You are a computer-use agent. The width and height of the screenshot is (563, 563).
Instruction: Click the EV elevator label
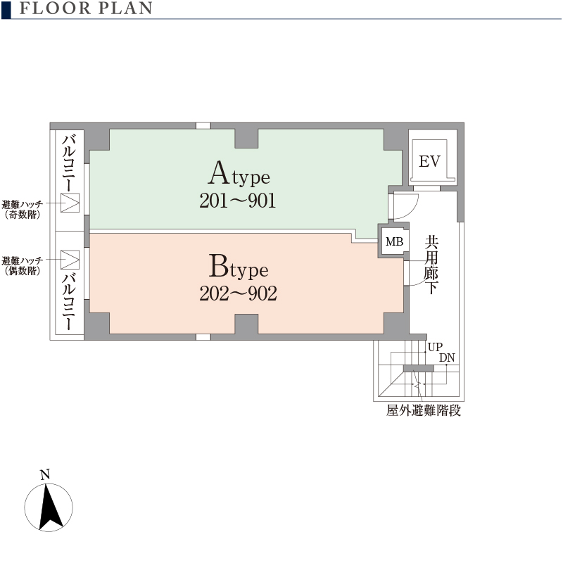click(x=429, y=161)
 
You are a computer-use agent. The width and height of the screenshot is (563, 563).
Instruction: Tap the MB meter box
click(x=394, y=241)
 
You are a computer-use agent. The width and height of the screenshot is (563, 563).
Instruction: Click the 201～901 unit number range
click(x=238, y=201)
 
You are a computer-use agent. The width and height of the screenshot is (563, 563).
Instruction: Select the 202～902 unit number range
click(x=238, y=293)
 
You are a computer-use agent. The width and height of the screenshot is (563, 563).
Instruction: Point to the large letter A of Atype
click(x=220, y=172)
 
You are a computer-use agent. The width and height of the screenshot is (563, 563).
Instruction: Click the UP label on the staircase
click(x=435, y=347)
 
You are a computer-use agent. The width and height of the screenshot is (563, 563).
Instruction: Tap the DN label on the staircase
click(x=447, y=358)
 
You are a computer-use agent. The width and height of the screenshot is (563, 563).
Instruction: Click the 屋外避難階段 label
click(x=424, y=410)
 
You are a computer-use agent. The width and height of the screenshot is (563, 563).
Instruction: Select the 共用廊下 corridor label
click(x=431, y=265)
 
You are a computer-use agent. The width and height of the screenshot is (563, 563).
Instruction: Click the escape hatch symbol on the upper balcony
click(x=70, y=203)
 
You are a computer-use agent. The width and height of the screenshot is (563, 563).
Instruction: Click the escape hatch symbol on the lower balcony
click(x=70, y=260)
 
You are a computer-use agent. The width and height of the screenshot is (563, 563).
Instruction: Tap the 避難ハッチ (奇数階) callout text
click(x=23, y=209)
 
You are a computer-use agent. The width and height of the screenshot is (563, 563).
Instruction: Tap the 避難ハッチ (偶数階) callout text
click(x=23, y=266)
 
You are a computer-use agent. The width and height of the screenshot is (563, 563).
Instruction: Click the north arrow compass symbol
click(x=49, y=507)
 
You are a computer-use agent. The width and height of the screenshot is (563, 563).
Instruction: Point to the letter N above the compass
click(x=45, y=474)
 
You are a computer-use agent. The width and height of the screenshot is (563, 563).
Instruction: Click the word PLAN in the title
click(x=126, y=8)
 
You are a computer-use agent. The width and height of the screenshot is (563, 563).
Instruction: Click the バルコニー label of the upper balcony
click(x=68, y=163)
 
